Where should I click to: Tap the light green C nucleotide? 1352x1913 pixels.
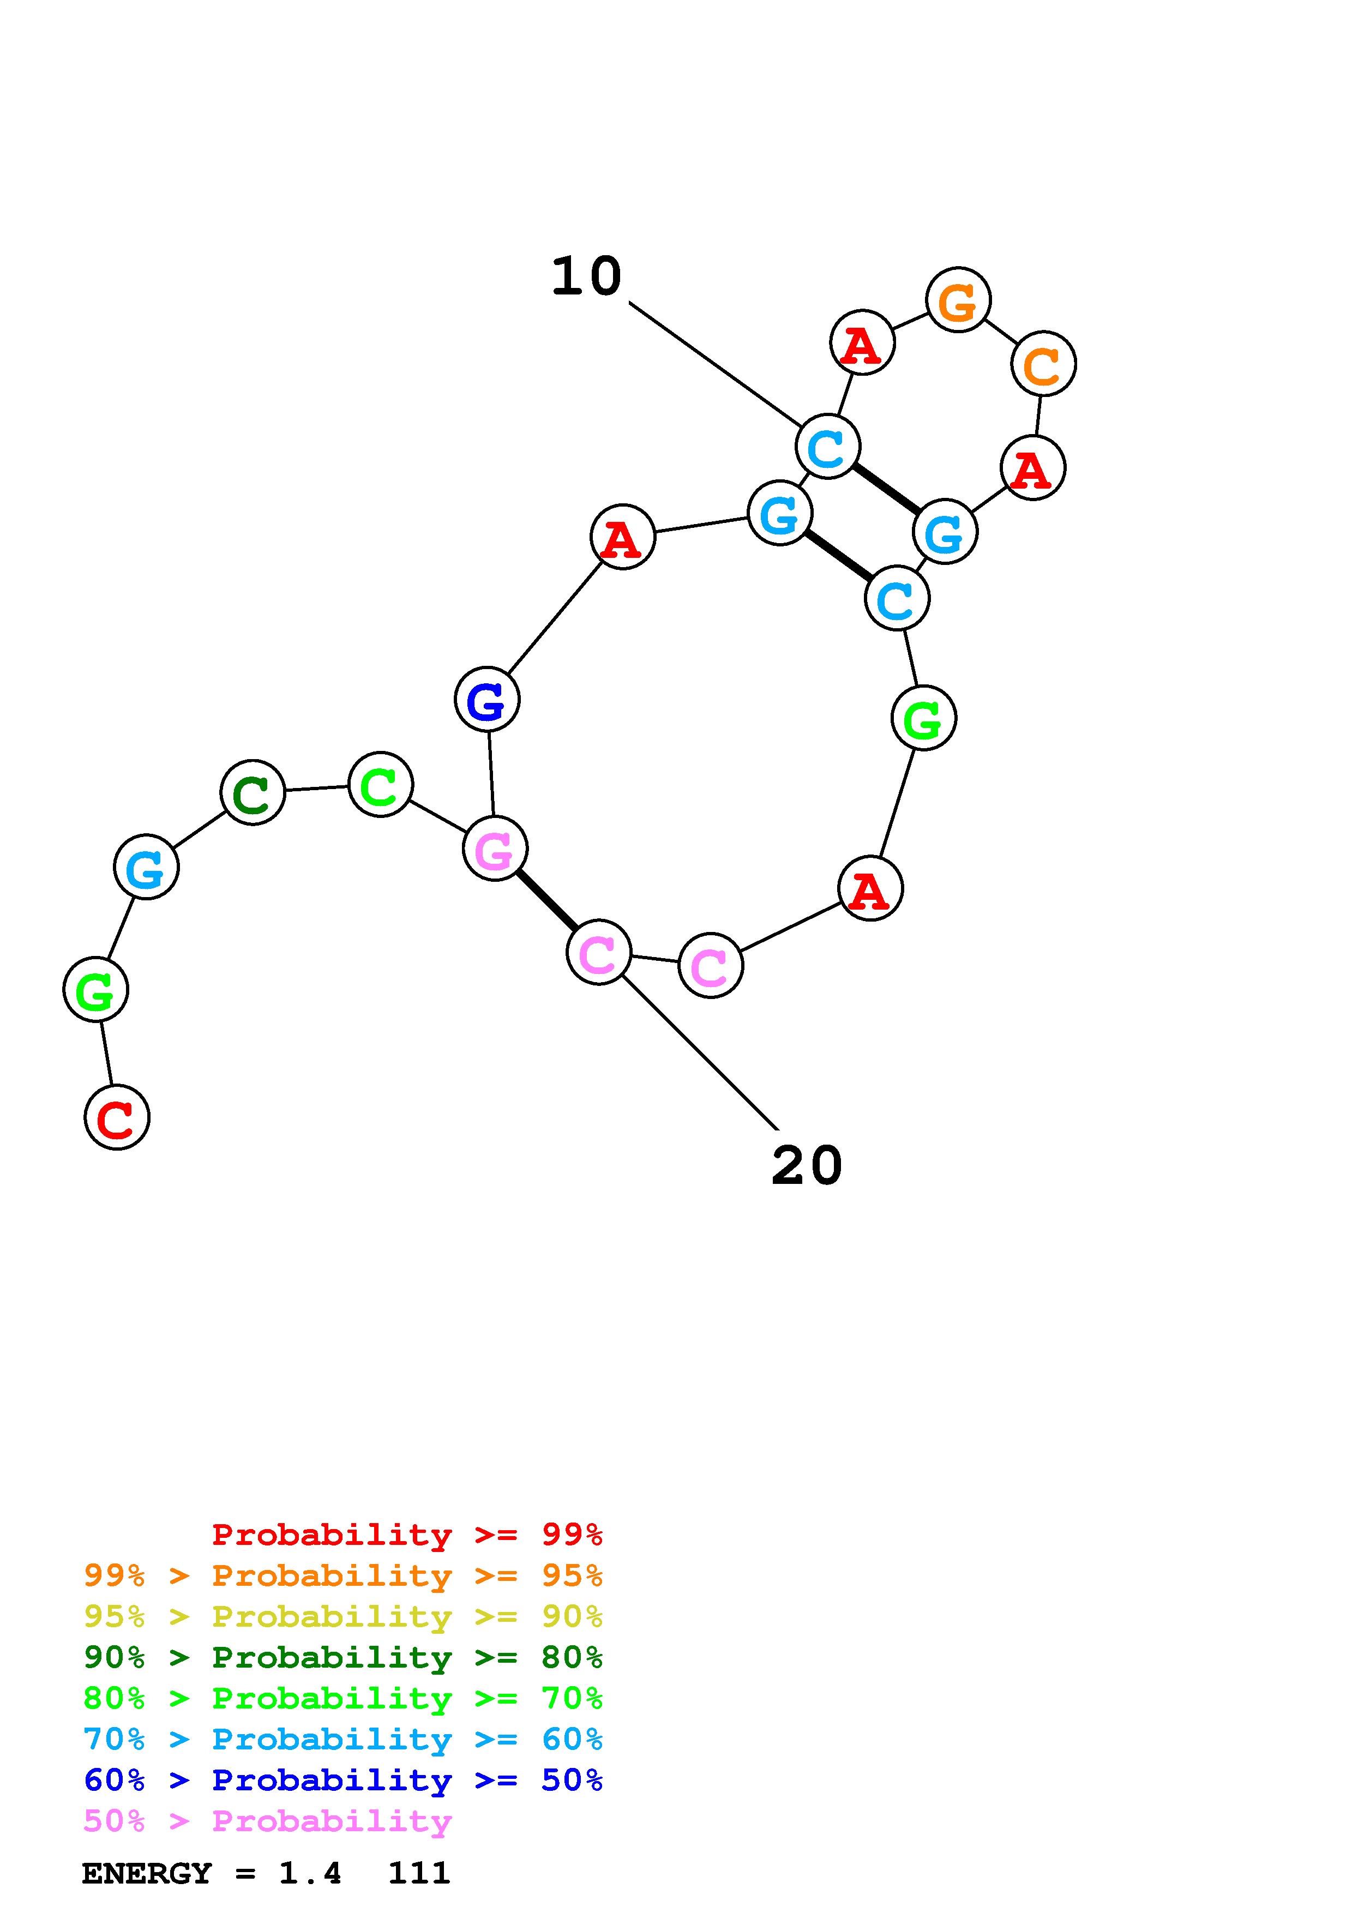[380, 784]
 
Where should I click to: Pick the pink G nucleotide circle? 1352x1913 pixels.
[495, 848]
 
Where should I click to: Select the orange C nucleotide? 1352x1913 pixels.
[1043, 363]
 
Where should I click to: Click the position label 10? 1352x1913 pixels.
[586, 276]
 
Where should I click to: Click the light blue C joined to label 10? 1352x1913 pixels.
[827, 447]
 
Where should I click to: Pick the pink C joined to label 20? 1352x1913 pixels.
[598, 952]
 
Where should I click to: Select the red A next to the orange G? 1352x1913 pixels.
[862, 342]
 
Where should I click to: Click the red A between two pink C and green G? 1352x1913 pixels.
[870, 889]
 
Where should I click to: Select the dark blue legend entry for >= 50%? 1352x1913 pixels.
[343, 1780]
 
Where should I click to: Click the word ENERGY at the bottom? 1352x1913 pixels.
[147, 1873]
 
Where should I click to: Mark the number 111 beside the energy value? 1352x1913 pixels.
[419, 1873]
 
